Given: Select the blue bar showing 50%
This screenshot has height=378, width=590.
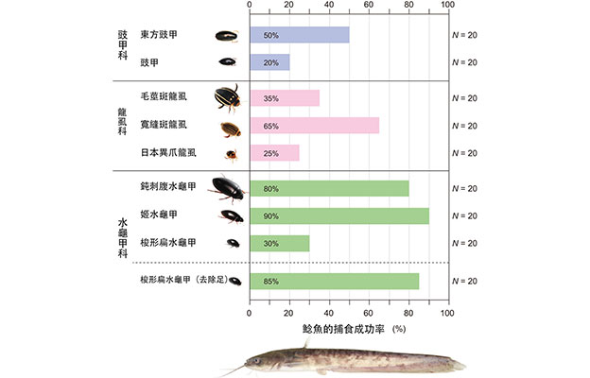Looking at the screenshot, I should (299, 35).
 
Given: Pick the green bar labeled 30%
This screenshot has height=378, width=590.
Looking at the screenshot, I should (279, 243).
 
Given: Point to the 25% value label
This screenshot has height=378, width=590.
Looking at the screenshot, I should (270, 152).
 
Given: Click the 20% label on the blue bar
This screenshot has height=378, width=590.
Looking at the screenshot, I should (270, 62).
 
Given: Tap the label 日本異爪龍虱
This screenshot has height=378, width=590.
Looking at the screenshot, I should (167, 152).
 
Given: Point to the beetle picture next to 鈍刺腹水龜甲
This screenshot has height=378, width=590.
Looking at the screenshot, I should (227, 187).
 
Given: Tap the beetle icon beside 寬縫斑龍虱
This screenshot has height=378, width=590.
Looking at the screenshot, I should (230, 126).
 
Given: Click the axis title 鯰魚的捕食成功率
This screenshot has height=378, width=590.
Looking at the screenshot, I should (336, 328).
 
